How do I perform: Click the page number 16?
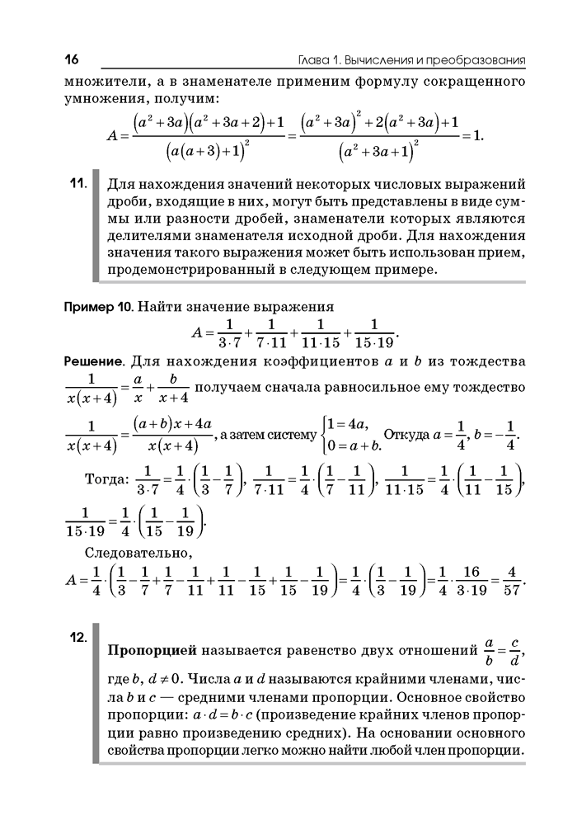[x=69, y=60]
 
